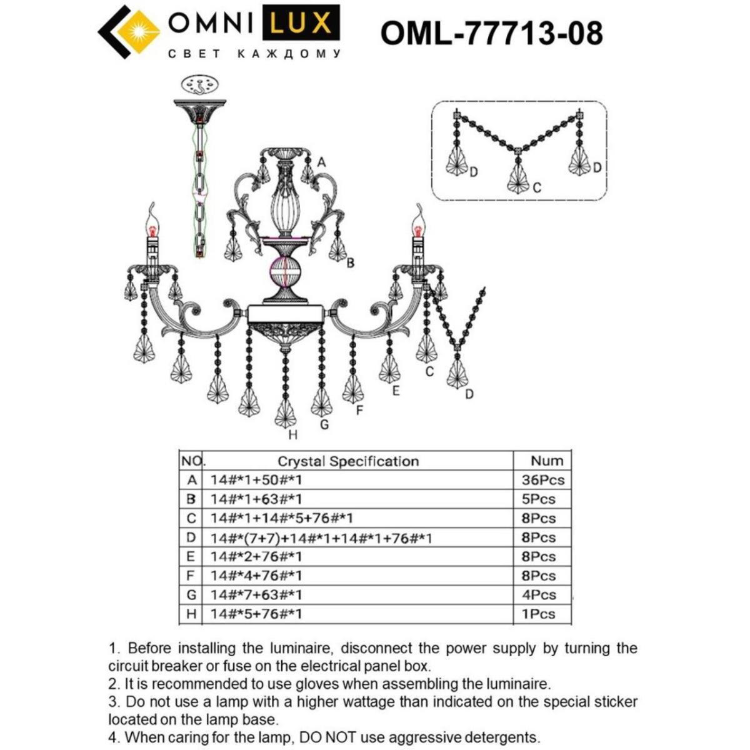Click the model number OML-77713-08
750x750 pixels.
coord(491,32)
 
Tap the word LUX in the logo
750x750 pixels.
coord(300,24)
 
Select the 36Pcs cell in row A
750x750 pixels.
coord(542,480)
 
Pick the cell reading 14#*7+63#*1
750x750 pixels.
coord(256,595)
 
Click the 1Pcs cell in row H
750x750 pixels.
coord(538,614)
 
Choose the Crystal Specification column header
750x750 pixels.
coord(348,461)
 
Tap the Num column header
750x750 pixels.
coord(547,461)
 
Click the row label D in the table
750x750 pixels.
coord(191,537)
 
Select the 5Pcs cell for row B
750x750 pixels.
coord(538,499)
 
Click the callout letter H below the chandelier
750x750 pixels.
coord(292,435)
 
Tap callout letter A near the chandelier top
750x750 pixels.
coord(321,162)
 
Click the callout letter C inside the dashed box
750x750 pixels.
coord(537,187)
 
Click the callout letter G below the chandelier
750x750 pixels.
coord(324,424)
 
